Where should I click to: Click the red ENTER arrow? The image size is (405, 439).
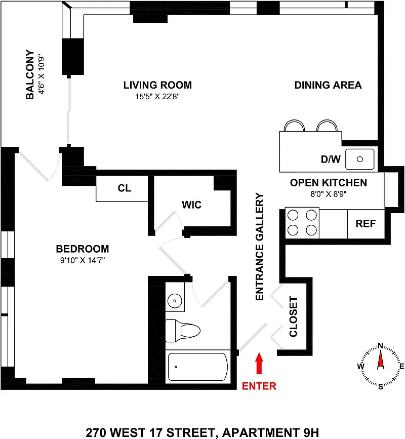259,363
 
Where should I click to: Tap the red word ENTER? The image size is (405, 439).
259,386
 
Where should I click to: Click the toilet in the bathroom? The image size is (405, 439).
183,331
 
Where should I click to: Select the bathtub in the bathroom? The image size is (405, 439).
198,367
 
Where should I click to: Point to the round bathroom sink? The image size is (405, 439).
175,301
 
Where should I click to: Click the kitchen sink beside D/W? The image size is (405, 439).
359,159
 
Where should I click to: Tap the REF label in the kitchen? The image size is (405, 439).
366,224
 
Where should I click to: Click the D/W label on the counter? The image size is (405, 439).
331,159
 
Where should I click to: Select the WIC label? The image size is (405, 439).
191,205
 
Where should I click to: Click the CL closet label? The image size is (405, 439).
124,188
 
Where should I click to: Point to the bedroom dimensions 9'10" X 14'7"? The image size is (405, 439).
83,260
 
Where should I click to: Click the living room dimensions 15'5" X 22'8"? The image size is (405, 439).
157,97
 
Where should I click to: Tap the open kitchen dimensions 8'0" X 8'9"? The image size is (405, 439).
329,194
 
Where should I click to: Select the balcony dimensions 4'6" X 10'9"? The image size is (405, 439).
42,74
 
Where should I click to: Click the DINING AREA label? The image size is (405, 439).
328,85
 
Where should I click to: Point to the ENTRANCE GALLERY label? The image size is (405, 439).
260,247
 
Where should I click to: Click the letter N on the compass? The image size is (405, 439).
380,346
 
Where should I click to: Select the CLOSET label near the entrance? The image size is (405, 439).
293,316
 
